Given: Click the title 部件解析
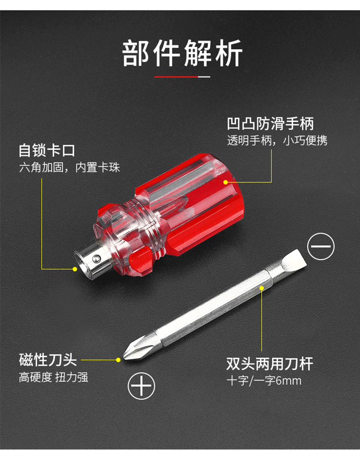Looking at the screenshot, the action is click(x=182, y=53).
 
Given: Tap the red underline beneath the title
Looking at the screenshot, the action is click(x=176, y=77).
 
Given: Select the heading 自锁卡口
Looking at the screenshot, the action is click(x=47, y=150).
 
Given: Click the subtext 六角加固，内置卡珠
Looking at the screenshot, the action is click(x=70, y=167).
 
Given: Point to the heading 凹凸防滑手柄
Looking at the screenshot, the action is click(x=270, y=124).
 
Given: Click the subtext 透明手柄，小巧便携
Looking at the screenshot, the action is click(x=277, y=141).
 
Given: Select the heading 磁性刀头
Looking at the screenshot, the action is click(x=48, y=360).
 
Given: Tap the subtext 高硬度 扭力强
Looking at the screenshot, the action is click(x=53, y=377).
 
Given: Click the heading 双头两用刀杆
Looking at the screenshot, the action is click(x=270, y=364).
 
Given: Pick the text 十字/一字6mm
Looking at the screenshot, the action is click(x=264, y=381).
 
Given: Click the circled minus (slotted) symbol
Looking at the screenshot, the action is click(x=321, y=246).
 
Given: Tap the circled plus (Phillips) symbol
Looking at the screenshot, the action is click(x=141, y=386).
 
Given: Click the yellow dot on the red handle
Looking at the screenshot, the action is click(x=226, y=182).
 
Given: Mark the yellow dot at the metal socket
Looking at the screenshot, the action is click(x=75, y=269).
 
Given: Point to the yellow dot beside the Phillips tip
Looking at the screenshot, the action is click(x=118, y=360).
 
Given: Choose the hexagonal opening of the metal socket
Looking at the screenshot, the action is click(x=81, y=265).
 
